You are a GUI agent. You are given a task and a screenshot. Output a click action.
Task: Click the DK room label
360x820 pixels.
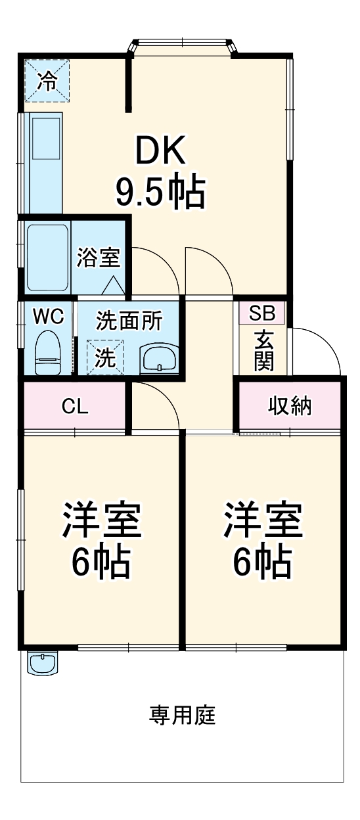click(x=160, y=150)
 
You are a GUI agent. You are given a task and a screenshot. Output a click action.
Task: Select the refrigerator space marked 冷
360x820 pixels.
click(x=47, y=81)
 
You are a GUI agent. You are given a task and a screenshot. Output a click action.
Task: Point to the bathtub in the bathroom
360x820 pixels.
click(x=47, y=258)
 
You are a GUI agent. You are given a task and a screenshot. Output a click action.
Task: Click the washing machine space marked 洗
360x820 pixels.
click(x=104, y=357)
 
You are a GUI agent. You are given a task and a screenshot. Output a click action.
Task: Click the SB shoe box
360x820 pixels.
click(x=261, y=313)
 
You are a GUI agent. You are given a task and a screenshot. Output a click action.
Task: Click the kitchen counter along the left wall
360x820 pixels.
click(x=46, y=162)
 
